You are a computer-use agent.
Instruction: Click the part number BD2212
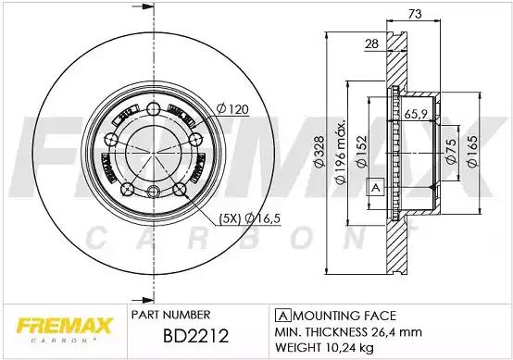coord(195,336)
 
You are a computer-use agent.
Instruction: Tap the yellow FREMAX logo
coord(65,329)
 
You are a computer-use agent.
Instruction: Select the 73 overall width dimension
coord(415,14)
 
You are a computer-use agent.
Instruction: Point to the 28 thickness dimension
coord(371,43)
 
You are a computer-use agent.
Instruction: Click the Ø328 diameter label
coord(319,152)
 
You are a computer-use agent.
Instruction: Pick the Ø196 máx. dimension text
coord(341,152)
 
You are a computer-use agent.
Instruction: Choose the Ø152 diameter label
coord(362,152)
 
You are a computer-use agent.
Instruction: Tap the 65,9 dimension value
coord(416,114)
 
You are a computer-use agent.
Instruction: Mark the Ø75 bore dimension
coord(451,151)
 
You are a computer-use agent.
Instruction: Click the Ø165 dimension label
coord(472,152)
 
